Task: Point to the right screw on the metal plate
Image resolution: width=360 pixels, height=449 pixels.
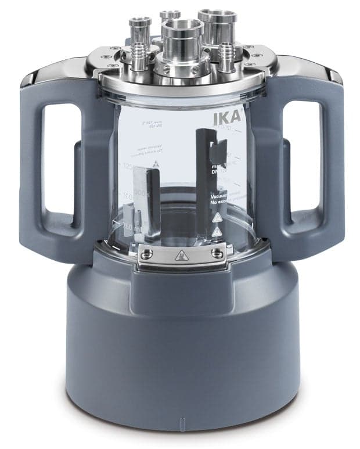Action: coord(216,252)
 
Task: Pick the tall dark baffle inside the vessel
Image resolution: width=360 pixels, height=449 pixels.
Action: coord(201,174)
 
